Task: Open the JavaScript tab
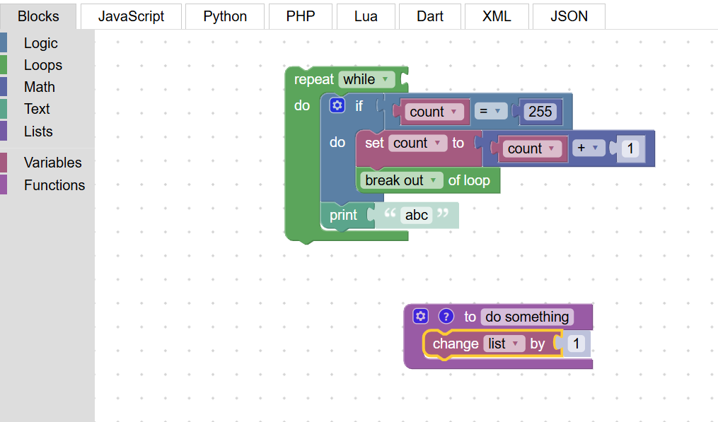click(131, 16)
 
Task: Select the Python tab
click(225, 16)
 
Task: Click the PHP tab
click(301, 16)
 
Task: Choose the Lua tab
click(366, 16)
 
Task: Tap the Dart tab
click(430, 16)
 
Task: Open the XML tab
click(497, 16)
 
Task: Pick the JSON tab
click(569, 16)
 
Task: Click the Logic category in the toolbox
click(41, 43)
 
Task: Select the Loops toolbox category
click(43, 65)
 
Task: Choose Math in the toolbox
click(40, 87)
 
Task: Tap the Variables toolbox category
click(52, 163)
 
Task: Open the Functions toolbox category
click(54, 185)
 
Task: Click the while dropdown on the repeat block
click(366, 79)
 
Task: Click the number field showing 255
click(540, 111)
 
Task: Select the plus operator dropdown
click(589, 148)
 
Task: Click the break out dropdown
click(401, 180)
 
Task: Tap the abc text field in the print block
click(416, 215)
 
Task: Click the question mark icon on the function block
click(446, 316)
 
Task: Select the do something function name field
click(526, 317)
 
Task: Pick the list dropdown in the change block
click(504, 344)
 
